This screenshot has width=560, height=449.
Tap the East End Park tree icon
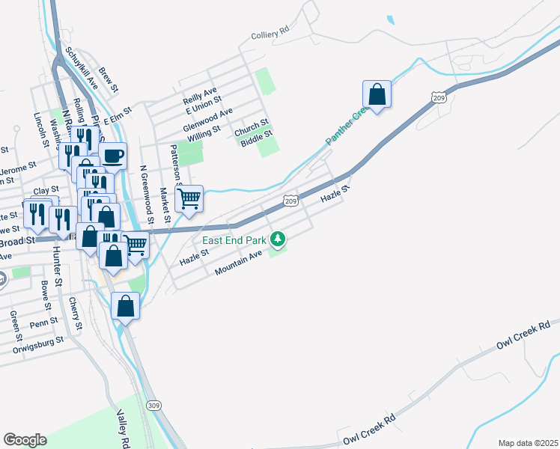pos(278,239)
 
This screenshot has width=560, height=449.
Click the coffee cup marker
pos(113,156)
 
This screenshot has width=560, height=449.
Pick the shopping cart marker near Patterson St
pos(189,199)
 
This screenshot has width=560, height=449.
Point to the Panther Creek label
pos(345,125)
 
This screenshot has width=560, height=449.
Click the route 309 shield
pos(153,406)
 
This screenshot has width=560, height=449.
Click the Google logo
pos(25,440)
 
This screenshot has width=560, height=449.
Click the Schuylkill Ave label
pos(82,69)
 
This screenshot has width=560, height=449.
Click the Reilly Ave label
pos(200,93)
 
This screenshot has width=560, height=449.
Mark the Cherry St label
pos(73,313)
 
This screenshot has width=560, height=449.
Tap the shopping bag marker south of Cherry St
pos(126,306)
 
